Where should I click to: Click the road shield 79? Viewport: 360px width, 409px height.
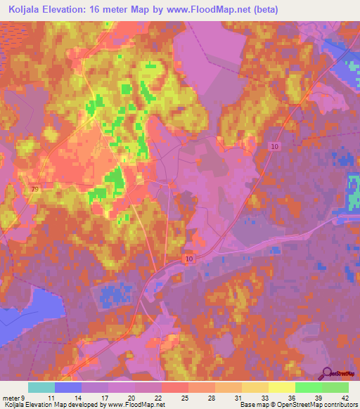(35, 189)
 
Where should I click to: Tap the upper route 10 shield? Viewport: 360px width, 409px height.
(274, 145)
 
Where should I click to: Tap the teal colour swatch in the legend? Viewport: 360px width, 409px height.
(41, 387)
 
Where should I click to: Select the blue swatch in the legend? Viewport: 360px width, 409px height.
(68, 387)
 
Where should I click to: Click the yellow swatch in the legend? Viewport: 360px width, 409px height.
(282, 387)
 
